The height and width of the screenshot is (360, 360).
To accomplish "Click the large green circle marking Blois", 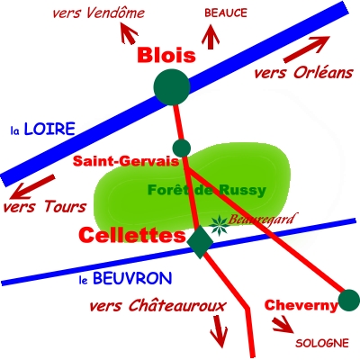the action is click(172, 87).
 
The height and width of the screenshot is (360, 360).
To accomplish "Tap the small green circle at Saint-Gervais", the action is click(182, 148).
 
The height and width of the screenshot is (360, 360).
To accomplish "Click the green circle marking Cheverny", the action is click(349, 300).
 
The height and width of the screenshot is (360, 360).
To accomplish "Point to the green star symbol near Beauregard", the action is click(219, 226).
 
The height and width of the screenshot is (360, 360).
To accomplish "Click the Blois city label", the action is click(166, 55).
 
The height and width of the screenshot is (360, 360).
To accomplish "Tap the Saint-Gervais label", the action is click(126, 161).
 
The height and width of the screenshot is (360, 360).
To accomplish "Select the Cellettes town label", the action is click(132, 235).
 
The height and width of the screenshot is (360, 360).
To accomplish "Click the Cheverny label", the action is click(301, 306).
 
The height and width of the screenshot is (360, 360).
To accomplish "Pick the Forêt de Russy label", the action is click(207, 190).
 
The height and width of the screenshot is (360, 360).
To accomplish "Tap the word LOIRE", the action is click(49, 129).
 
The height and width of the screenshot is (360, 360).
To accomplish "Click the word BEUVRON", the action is click(132, 278).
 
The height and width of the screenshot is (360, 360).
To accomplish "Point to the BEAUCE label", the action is click(226, 13).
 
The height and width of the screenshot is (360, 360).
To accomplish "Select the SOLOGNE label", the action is click(322, 343).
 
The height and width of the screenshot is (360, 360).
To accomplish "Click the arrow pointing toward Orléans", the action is click(307, 49).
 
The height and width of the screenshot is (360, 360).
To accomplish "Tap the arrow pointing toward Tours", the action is click(32, 187).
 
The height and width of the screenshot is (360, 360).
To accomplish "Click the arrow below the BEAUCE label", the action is click(211, 37).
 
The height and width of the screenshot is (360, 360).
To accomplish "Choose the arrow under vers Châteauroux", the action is click(219, 331).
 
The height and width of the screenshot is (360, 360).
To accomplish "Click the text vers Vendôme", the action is click(98, 13).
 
